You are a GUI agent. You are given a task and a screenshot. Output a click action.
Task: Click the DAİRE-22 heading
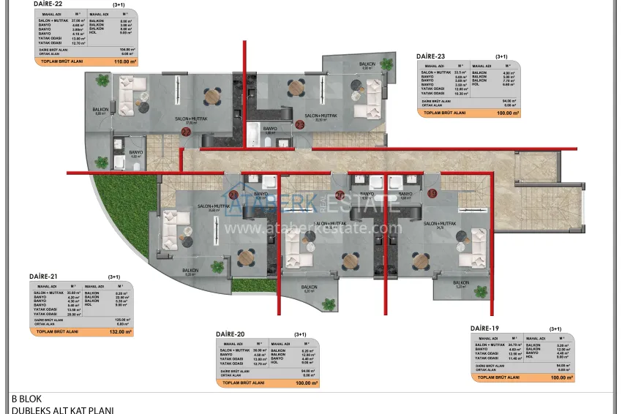(47, 4)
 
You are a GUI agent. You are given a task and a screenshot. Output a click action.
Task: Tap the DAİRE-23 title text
(431, 56)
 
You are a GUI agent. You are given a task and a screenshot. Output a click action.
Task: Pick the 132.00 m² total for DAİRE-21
(120, 331)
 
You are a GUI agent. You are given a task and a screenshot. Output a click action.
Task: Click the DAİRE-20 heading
(230, 334)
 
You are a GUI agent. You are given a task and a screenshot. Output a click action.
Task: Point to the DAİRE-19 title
(484, 328)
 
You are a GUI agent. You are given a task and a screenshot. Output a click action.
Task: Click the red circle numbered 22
(186, 132)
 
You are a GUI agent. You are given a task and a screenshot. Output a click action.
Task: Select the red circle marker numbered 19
(432, 194)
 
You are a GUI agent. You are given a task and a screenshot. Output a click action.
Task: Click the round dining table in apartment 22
(212, 94)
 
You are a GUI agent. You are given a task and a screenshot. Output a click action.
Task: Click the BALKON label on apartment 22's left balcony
(100, 110)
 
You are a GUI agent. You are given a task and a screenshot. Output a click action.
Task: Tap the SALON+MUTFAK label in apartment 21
(214, 207)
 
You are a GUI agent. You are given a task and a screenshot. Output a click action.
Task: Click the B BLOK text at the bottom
(26, 399)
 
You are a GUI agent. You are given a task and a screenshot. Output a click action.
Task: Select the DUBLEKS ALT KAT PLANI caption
(62, 410)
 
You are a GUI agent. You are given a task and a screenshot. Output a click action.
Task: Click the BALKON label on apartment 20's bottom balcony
(309, 287)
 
